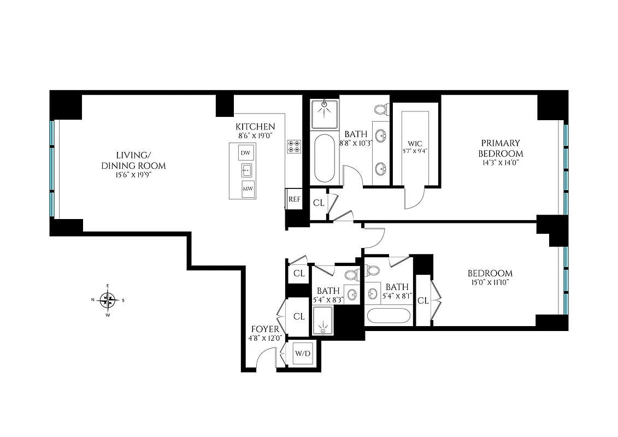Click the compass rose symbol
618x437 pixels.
pos(108,299)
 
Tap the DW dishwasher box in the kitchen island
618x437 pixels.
pos(245,153)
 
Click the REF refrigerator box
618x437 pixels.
pos(294,199)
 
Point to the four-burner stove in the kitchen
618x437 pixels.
pos(293,146)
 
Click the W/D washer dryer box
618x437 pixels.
pos(302,353)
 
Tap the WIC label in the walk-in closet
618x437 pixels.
pos(415,144)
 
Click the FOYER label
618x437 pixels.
pos(265,329)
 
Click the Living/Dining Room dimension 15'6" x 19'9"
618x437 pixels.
pos(133,175)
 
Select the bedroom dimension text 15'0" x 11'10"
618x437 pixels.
pos(490,283)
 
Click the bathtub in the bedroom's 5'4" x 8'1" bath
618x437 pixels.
pos(389,316)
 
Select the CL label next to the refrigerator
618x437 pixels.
pos(319,203)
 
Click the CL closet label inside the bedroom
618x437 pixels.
pos(423,300)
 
